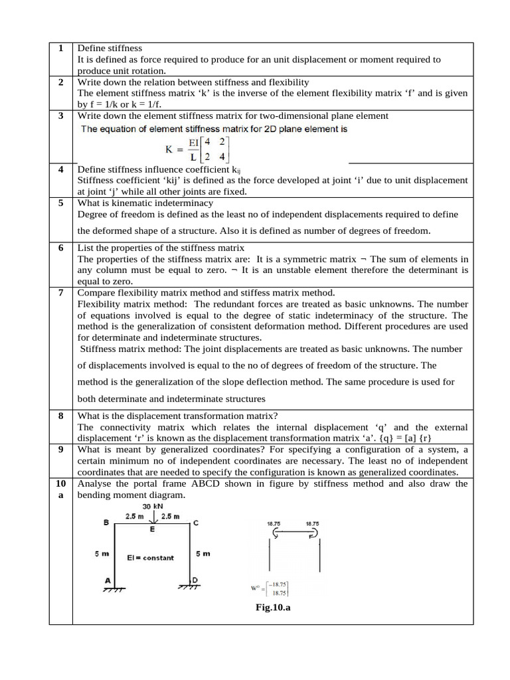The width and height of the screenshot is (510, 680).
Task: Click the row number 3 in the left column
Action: (x=60, y=116)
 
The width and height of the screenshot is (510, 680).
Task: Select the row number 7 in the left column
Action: (x=60, y=293)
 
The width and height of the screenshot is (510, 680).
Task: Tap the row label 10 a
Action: (x=60, y=489)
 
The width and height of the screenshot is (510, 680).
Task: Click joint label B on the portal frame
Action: (x=106, y=523)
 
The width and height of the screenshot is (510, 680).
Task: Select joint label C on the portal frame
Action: (x=195, y=523)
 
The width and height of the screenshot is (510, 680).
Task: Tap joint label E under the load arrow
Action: (x=152, y=530)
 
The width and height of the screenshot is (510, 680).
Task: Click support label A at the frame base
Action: (x=108, y=580)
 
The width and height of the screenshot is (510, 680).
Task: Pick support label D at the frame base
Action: (x=195, y=580)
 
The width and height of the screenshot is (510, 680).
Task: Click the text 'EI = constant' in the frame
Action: (x=150, y=558)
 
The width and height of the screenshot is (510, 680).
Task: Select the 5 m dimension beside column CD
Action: (x=204, y=552)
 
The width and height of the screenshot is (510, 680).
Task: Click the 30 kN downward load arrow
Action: (x=152, y=519)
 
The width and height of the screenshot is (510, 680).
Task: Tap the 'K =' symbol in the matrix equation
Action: (x=175, y=149)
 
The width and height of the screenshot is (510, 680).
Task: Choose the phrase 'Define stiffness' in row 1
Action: (x=110, y=48)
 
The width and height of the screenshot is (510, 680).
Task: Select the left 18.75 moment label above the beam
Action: (x=274, y=523)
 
